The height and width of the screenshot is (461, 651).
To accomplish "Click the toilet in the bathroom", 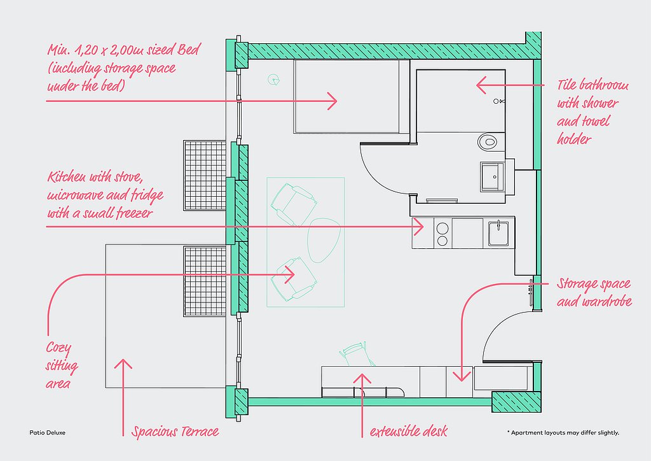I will click(x=488, y=141).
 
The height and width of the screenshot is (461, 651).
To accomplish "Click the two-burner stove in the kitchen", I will click(x=441, y=233).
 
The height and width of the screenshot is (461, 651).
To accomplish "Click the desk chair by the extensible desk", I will click(x=354, y=352).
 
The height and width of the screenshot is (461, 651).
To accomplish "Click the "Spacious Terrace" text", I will click(x=175, y=432).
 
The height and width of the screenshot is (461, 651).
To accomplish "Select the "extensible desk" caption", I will click(x=409, y=432).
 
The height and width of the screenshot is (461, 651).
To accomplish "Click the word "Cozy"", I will click(x=58, y=348).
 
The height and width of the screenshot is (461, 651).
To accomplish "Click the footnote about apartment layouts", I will click(x=563, y=433).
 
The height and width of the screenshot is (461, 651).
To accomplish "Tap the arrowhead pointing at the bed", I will click(x=333, y=100).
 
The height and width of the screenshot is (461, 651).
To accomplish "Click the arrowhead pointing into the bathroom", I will click(x=481, y=84).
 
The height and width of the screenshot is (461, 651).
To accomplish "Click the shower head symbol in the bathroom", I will click(x=499, y=101).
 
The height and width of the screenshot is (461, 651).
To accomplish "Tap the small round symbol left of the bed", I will click(x=273, y=80).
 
